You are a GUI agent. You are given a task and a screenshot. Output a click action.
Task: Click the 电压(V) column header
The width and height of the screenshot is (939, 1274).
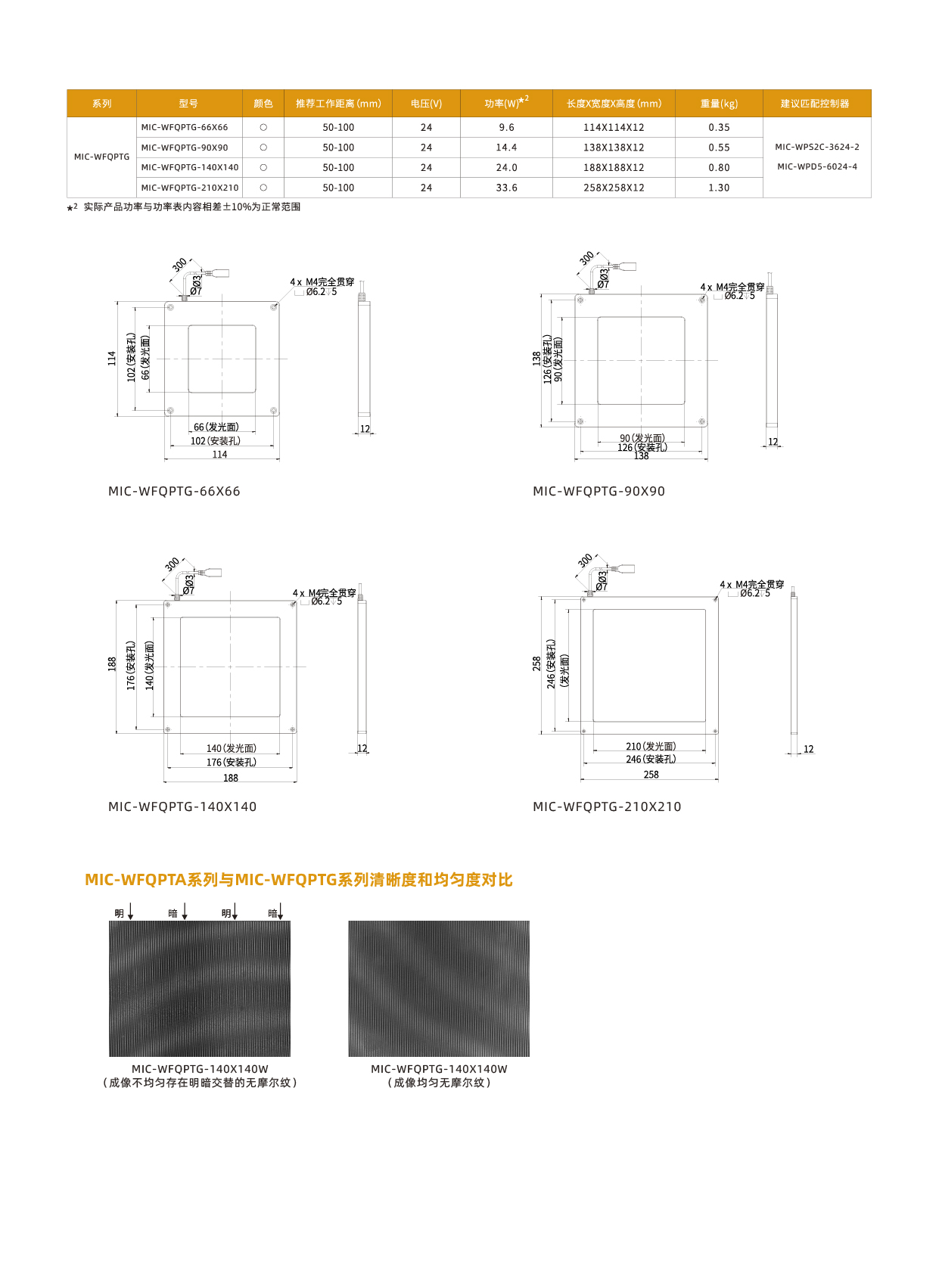point(426,104)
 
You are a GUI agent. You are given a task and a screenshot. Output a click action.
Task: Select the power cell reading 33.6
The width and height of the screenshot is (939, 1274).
point(506,188)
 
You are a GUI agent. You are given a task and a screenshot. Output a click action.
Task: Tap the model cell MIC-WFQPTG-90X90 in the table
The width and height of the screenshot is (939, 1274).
point(185,148)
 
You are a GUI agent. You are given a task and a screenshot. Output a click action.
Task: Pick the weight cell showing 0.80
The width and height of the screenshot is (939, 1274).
point(719,168)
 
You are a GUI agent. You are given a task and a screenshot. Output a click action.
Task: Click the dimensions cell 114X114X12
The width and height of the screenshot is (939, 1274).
point(614,128)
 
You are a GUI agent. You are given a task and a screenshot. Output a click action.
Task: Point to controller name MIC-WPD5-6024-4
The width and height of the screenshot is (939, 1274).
point(817,167)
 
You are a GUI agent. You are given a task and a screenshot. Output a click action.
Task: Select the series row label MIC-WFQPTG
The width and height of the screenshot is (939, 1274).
point(101,157)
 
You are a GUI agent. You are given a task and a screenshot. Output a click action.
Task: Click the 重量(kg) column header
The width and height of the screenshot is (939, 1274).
point(719,104)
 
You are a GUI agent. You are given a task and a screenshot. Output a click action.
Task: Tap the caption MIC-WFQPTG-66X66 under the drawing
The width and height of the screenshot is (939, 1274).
point(174,492)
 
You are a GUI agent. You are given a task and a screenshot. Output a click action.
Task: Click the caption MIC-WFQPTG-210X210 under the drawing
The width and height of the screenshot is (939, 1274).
point(607,807)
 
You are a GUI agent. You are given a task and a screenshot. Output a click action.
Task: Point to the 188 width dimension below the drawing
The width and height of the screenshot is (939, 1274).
point(231,778)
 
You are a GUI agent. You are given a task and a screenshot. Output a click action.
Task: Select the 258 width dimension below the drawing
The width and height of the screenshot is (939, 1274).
point(651,775)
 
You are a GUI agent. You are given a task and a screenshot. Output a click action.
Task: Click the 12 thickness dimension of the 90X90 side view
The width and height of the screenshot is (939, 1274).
point(773,443)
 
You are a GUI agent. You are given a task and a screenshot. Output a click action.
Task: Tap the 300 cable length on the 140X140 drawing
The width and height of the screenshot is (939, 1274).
point(173,564)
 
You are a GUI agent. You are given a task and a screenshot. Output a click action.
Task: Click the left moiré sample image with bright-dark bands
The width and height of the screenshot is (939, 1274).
point(200,989)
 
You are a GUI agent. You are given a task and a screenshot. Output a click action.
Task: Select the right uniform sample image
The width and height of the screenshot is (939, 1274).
point(439,989)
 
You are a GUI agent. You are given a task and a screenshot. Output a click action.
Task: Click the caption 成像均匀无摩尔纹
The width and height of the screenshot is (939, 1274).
point(439,1083)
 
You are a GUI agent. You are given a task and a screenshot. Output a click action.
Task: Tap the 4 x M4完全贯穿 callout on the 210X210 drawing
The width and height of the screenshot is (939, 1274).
point(751,585)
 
